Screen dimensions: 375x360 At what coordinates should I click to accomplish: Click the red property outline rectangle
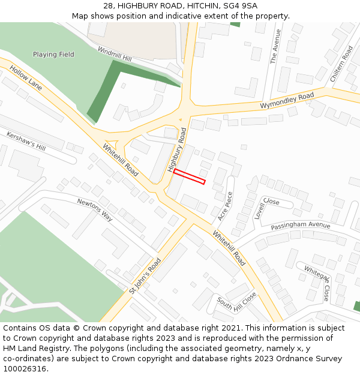pos(190,176)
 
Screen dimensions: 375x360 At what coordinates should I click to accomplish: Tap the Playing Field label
pos(53,55)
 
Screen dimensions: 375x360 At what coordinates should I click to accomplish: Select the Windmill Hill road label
pos(114,55)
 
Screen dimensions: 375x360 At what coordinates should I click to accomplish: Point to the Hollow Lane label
pos(26,78)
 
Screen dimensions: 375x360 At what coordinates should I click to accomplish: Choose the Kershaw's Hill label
pos(26,142)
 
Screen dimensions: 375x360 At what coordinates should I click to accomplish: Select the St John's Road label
pos(145,276)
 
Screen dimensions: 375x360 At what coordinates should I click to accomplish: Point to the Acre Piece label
pos(224,206)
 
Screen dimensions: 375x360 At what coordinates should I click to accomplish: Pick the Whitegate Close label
pos(316,283)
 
